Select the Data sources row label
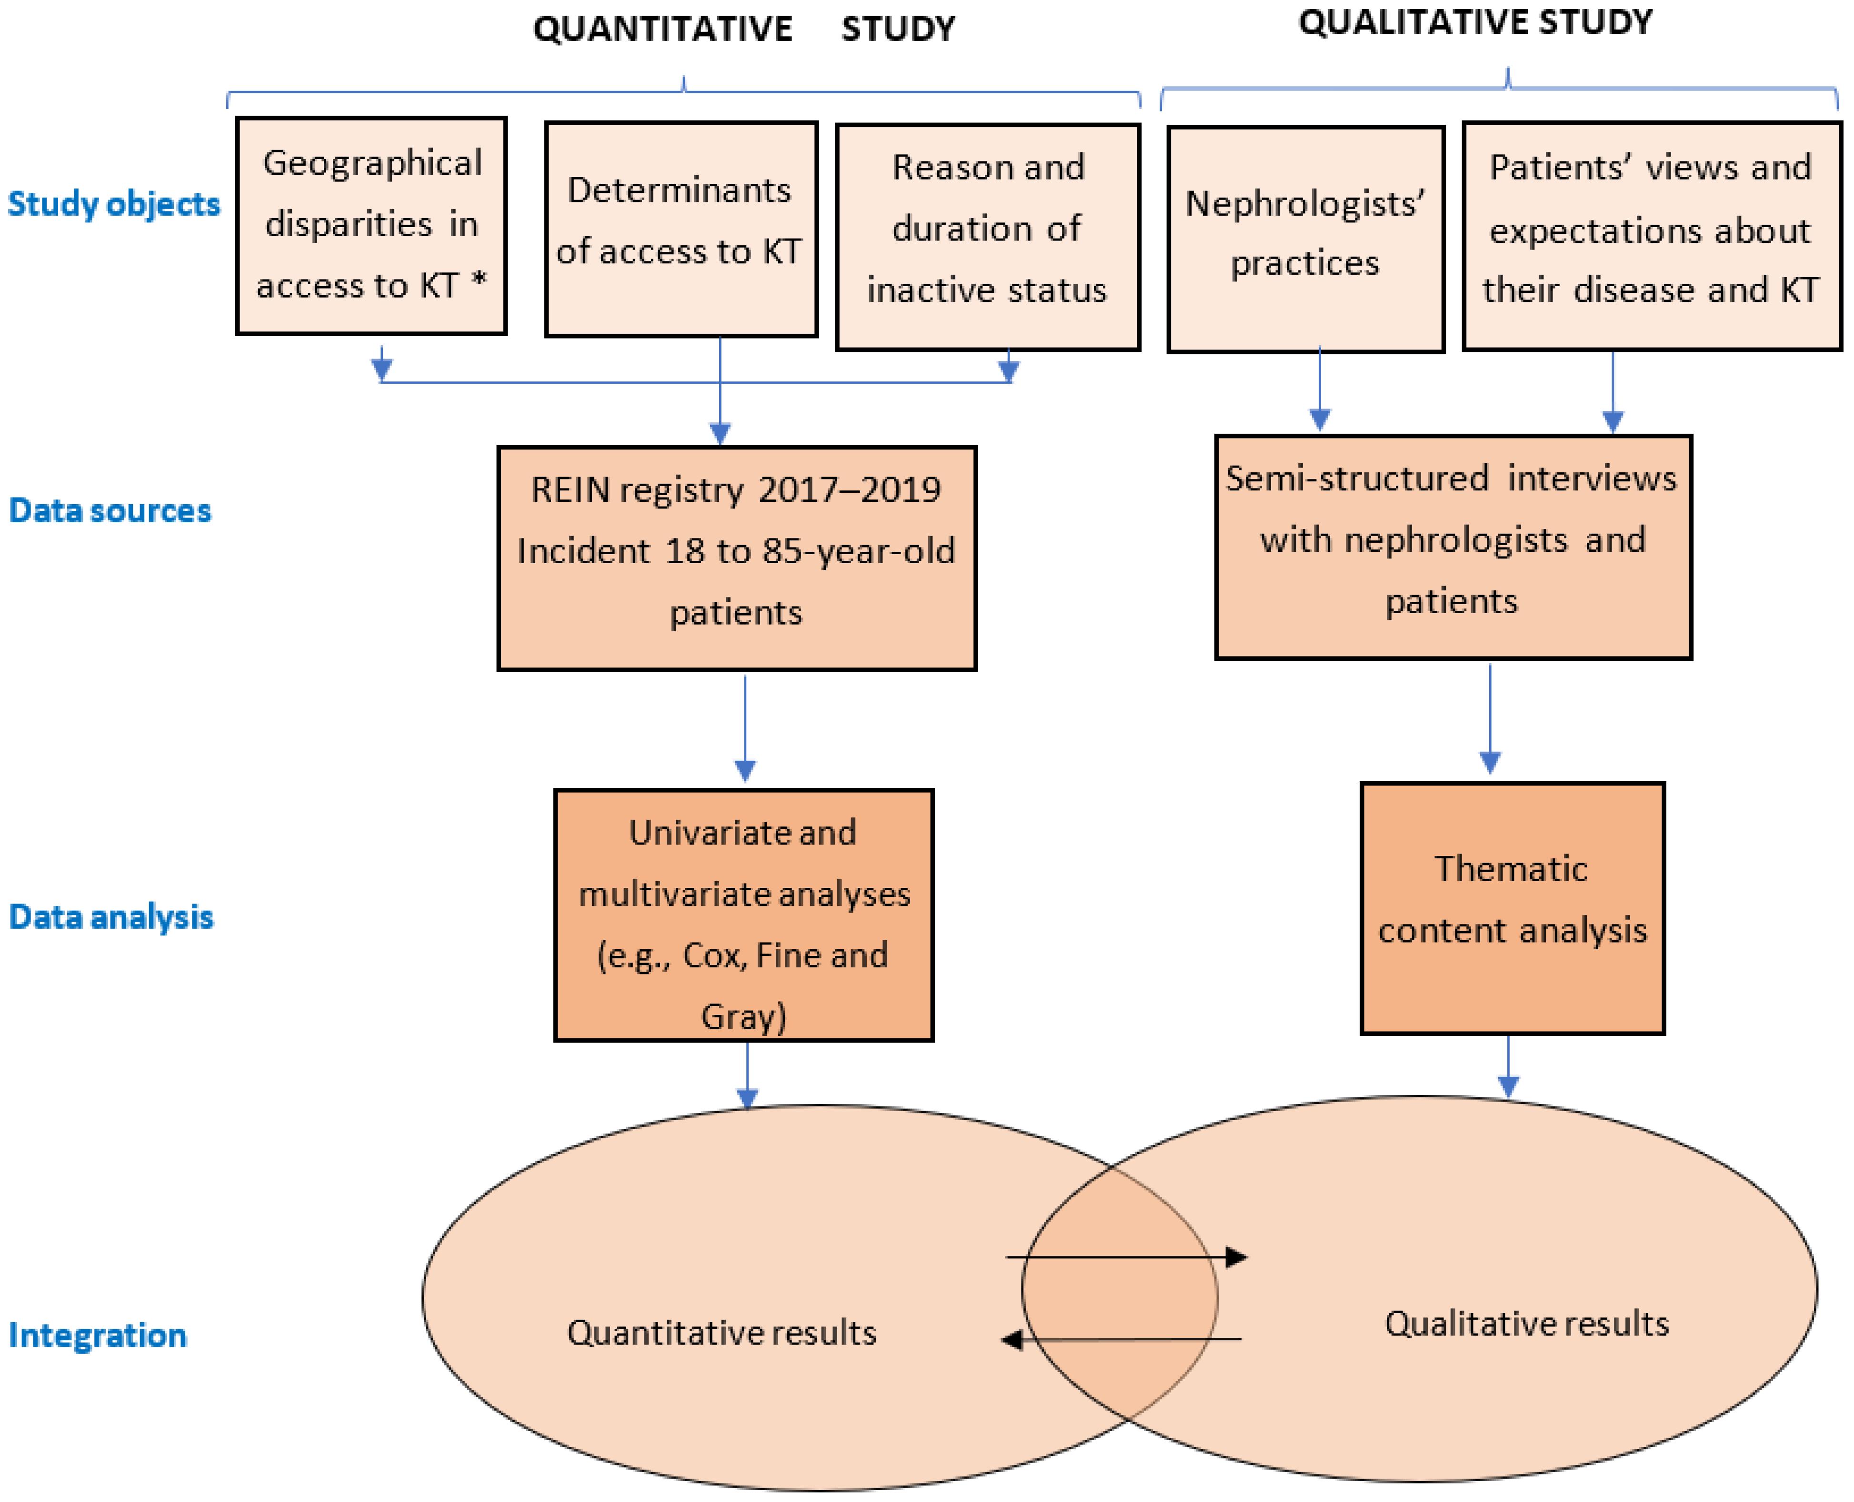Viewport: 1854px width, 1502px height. [x=110, y=510]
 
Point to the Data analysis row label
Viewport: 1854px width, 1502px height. [x=111, y=917]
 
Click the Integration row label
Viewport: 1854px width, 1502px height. [x=98, y=1335]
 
